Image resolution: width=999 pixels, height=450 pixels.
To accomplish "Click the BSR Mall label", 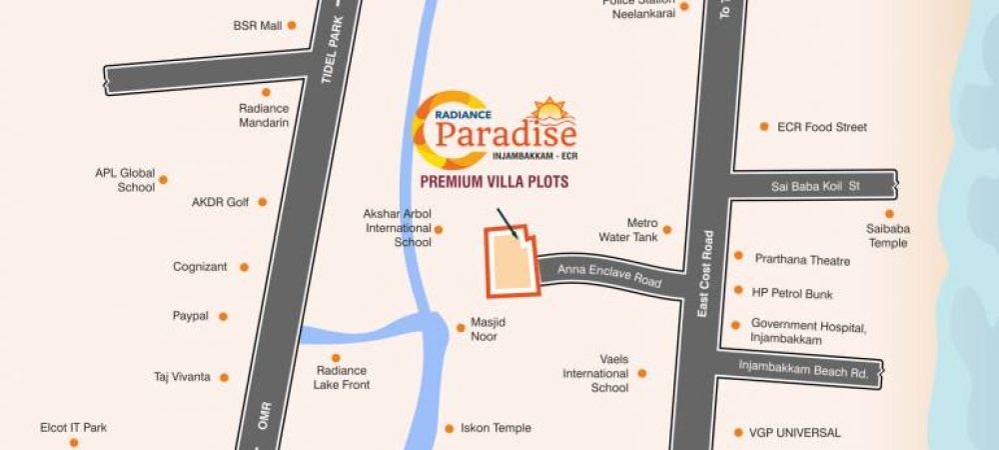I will click(257, 25).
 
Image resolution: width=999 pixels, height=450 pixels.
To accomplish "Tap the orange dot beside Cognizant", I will click(244, 267).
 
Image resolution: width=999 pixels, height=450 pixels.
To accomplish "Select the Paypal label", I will click(191, 316).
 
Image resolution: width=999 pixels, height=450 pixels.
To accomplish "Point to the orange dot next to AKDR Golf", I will click(262, 202).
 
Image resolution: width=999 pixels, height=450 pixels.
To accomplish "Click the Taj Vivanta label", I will click(182, 377).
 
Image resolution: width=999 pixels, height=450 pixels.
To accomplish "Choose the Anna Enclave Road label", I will click(609, 276).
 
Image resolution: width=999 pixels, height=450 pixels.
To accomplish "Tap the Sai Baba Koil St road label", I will click(815, 186).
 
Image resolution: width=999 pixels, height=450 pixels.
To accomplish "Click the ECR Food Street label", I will click(825, 127).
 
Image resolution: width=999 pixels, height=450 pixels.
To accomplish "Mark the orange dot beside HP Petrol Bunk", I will click(738, 292).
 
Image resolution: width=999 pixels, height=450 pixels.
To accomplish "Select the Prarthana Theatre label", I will click(802, 260).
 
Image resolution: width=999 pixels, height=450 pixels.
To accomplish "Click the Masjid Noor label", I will click(484, 331).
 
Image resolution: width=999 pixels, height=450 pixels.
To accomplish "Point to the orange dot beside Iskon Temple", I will click(449, 427).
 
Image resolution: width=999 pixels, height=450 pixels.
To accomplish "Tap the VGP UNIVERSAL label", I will click(795, 433).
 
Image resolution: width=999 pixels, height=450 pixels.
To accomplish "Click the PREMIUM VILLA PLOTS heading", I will click(494, 182).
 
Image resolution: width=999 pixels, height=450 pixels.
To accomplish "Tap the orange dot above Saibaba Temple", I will click(888, 214).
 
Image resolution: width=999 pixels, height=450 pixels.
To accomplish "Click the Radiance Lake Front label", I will click(342, 377).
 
